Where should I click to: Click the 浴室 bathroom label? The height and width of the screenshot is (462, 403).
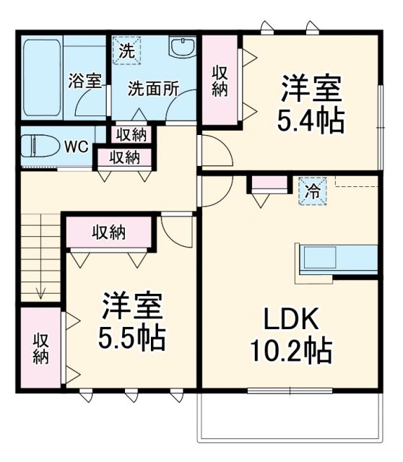[84, 81]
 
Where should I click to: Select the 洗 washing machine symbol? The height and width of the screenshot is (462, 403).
[126, 51]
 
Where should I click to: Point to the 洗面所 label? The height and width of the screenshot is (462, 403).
[153, 90]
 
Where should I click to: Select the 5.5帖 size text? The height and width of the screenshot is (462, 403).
[133, 336]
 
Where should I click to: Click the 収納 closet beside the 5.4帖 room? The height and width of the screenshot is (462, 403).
[220, 80]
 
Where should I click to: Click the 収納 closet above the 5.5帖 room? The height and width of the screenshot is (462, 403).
[109, 232]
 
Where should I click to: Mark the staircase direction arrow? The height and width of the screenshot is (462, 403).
[41, 289]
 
